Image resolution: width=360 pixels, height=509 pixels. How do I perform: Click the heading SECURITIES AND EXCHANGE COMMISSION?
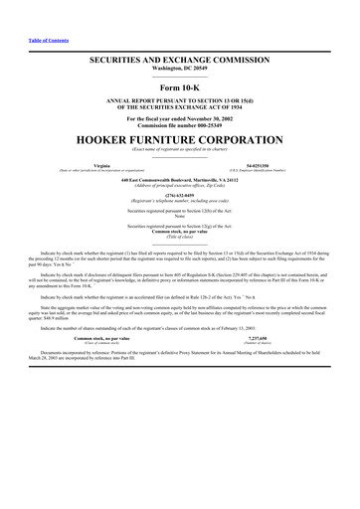pos(180,62)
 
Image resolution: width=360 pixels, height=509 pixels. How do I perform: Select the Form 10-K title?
pos(180,88)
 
